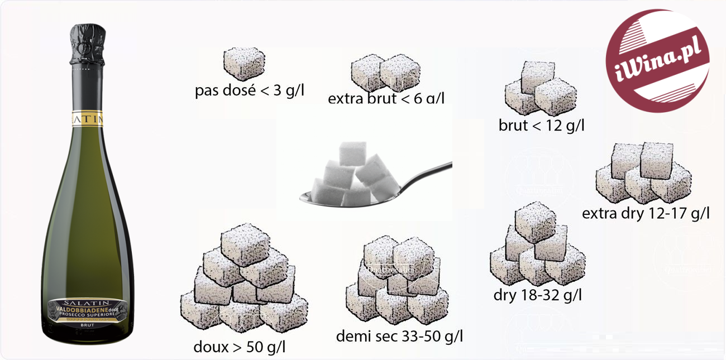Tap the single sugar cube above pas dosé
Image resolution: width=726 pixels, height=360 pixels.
coord(243,64)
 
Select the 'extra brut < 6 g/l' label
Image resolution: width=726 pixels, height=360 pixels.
coord(386,99)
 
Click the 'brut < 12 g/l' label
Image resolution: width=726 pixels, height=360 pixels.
coord(541,125)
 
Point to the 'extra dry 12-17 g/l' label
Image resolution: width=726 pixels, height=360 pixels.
coord(646,213)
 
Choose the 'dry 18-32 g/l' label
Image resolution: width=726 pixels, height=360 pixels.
coord(537,294)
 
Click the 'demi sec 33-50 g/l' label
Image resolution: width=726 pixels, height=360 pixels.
coord(399,337)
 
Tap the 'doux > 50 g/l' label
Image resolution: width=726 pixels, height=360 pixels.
coord(240,347)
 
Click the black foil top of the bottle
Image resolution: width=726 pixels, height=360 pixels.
coord(93,45)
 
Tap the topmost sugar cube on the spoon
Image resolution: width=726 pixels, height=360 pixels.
coord(353,152)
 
